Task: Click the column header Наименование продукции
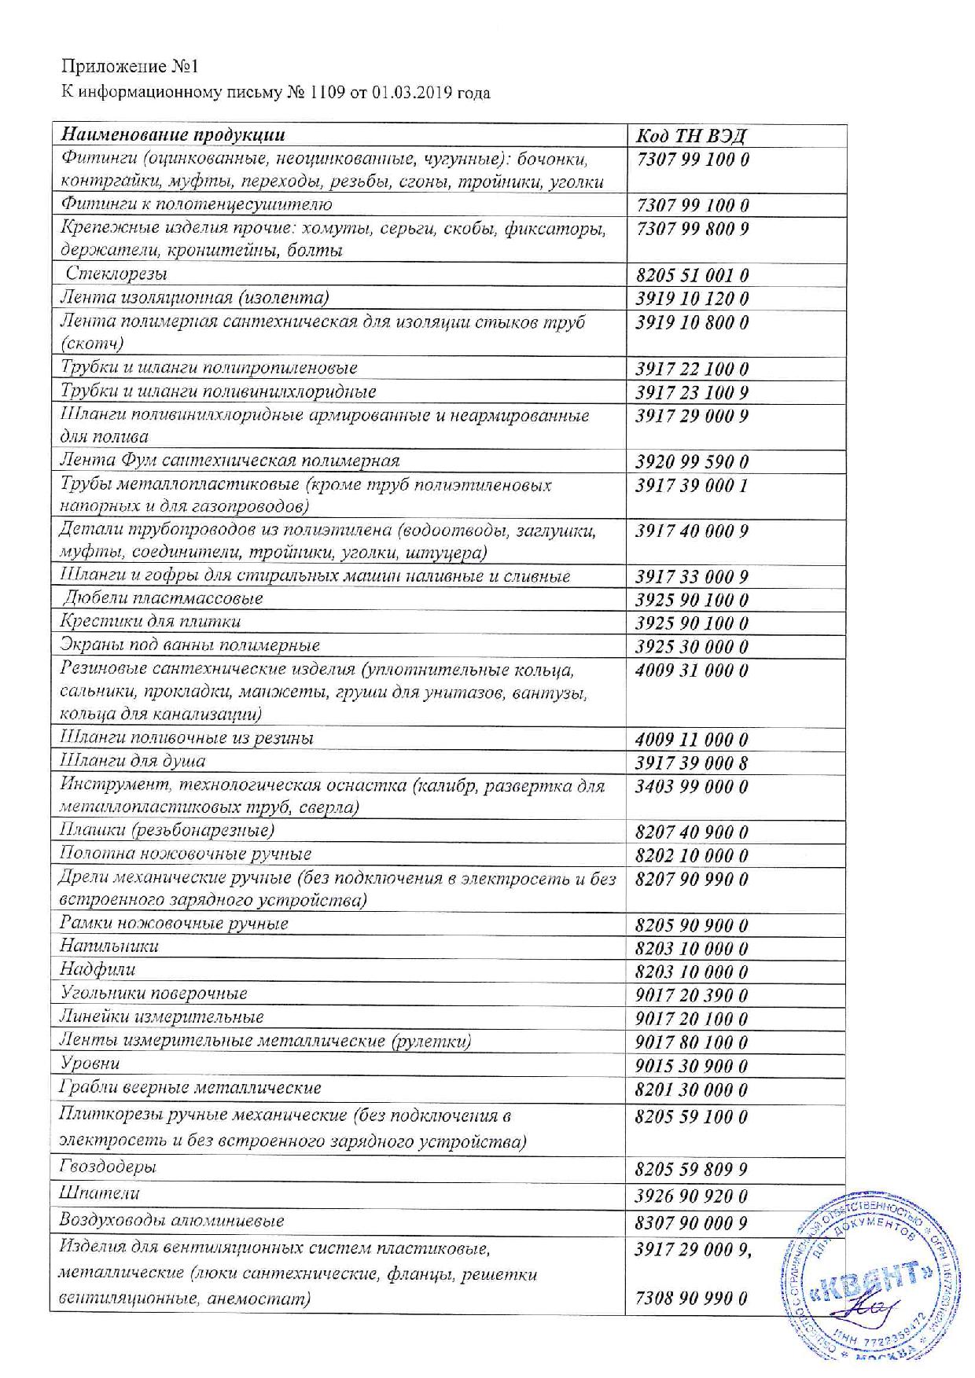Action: [x=173, y=135]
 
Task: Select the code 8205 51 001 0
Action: [x=691, y=276]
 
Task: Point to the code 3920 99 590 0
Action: [x=691, y=462]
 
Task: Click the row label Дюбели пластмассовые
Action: [x=163, y=599]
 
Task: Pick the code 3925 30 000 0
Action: [x=691, y=647]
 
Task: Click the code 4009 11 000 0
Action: [x=691, y=740]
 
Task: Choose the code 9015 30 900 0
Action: [x=691, y=1067]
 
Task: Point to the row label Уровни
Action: [x=90, y=1064]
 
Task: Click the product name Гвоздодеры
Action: [x=108, y=1167]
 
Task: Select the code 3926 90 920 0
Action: [x=691, y=1197]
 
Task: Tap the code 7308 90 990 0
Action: [x=690, y=1299]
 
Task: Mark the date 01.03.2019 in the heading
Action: [x=408, y=94]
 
